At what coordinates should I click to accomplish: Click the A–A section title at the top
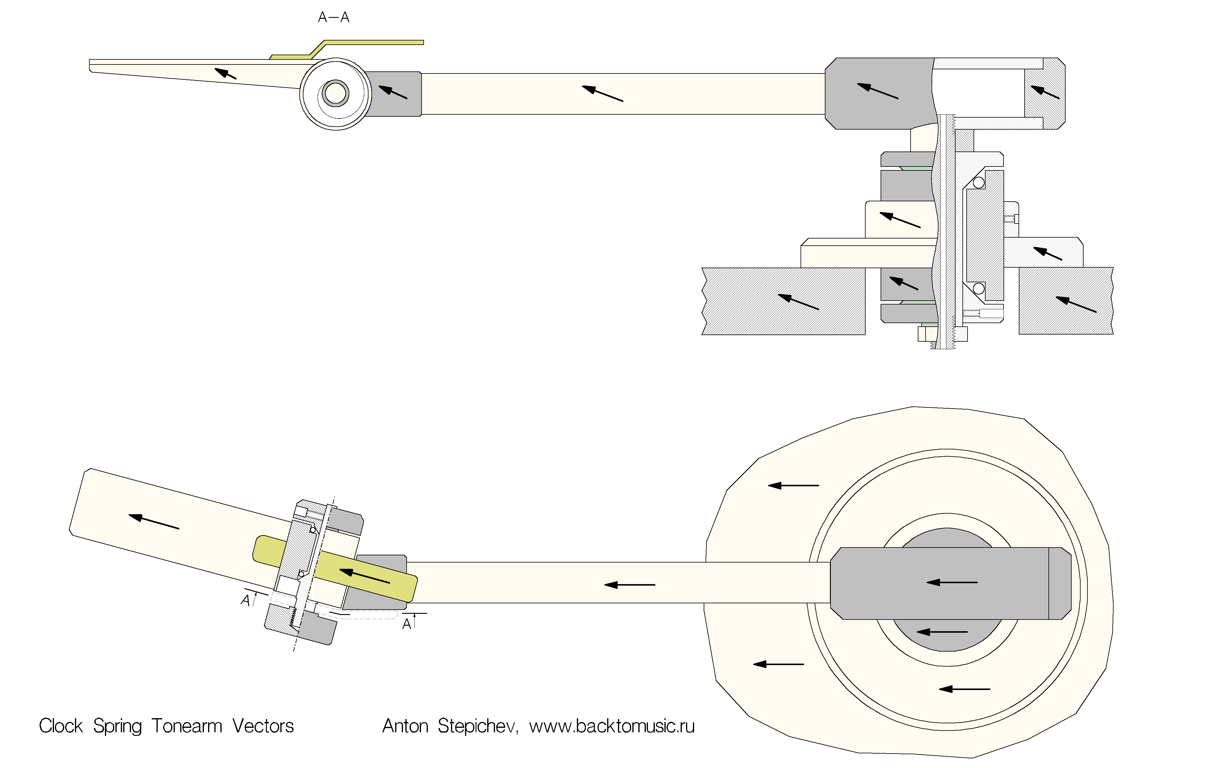click(x=333, y=17)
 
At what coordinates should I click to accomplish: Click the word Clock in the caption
click(x=61, y=726)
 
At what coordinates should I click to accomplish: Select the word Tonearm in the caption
click(x=187, y=726)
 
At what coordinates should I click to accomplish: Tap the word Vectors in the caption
click(x=263, y=726)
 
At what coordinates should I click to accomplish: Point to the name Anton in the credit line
click(x=405, y=726)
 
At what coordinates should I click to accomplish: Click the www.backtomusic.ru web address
click(x=612, y=726)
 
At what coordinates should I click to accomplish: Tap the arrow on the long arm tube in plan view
click(x=629, y=585)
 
